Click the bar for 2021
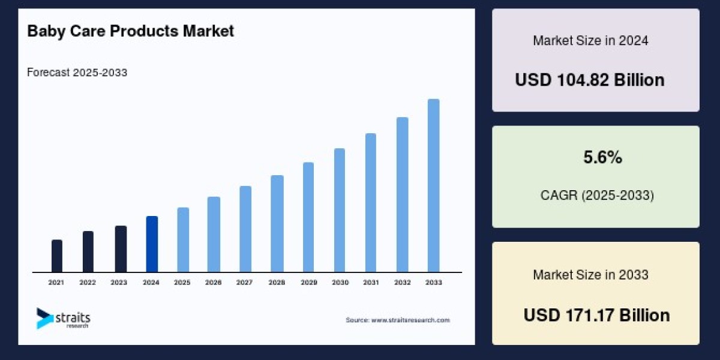[57, 256]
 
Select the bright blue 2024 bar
[152, 244]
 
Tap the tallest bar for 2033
[433, 185]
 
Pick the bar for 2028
[277, 223]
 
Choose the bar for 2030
[340, 210]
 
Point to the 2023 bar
[121, 248]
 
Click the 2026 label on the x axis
[214, 282]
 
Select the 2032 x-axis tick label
[402, 282]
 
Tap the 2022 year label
[88, 282]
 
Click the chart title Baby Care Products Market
[130, 32]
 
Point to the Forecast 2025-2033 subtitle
[77, 73]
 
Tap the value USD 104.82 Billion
[589, 80]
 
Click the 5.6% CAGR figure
[602, 158]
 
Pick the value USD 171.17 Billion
[596, 315]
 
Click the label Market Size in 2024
[590, 41]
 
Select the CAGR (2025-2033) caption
[596, 196]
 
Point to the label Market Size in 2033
[590, 275]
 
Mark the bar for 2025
[183, 239]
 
